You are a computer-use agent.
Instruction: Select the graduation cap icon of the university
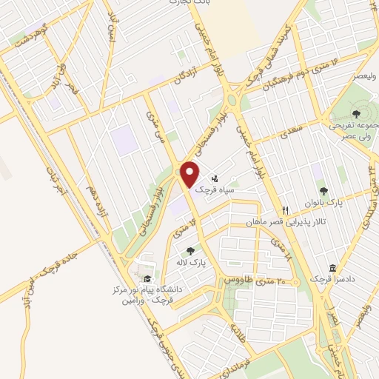pyautogui.click(x=147, y=278)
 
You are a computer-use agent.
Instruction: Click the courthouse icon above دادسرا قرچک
pyautogui.click(x=332, y=267)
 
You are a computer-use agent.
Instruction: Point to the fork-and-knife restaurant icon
pyautogui.click(x=285, y=210)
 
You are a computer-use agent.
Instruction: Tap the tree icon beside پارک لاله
pyautogui.click(x=192, y=250)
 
